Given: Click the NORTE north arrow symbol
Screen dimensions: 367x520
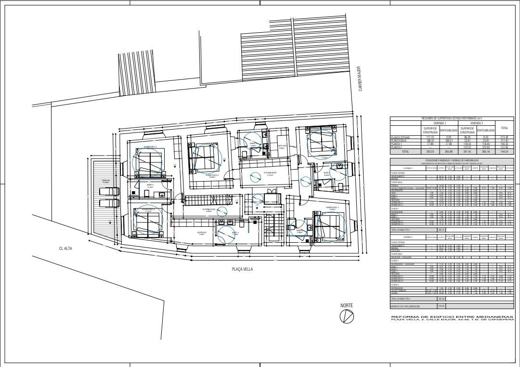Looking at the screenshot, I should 346,316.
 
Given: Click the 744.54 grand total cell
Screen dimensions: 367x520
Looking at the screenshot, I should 504,151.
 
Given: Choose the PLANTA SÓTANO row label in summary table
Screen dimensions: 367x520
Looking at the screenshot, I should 400,137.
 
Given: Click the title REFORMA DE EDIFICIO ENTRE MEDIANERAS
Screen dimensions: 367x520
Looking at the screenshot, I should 452,316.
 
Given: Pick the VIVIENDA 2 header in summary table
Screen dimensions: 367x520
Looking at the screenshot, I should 476,123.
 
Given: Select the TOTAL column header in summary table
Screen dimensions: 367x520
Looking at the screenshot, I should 504,128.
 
